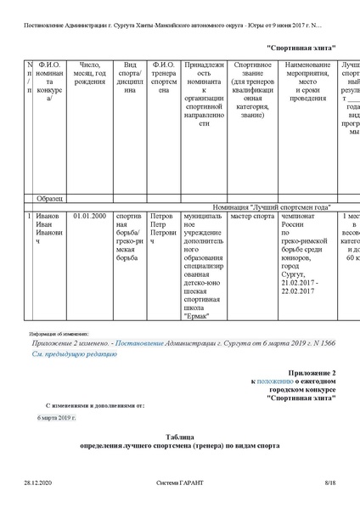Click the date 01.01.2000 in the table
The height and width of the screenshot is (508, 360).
pyautogui.click(x=89, y=217)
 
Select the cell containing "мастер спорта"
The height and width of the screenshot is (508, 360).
pyautogui.click(x=252, y=217)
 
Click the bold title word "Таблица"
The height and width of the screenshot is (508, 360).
pyautogui.click(x=179, y=436)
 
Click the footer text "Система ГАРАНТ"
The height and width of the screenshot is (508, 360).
pyautogui.click(x=179, y=483)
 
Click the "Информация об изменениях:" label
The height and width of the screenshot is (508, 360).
pyautogui.click(x=65, y=335)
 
